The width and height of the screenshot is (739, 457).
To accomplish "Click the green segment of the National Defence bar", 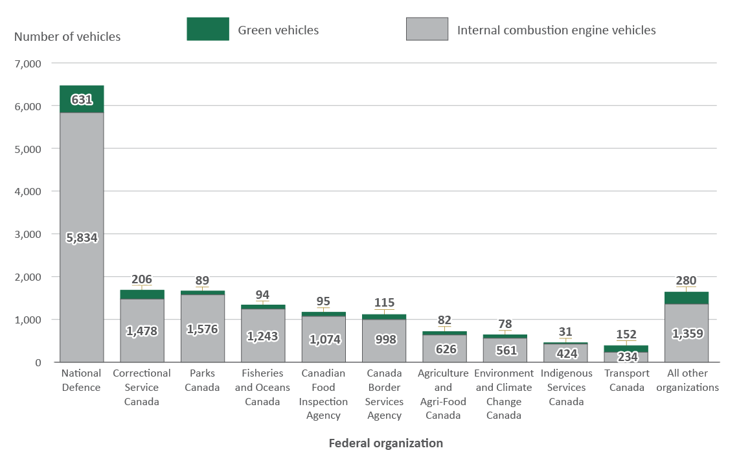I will [x=82, y=99].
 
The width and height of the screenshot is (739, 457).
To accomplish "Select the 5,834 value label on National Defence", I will [x=82, y=238].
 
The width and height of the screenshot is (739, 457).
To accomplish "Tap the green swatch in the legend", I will [x=207, y=29].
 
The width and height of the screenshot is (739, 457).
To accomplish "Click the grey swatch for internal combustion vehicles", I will [x=427, y=29].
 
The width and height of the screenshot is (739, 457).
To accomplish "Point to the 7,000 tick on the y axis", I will [x=28, y=64].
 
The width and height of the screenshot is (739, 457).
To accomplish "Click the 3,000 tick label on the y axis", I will [x=28, y=234].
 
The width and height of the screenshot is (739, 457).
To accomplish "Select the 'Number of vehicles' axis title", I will [x=67, y=37].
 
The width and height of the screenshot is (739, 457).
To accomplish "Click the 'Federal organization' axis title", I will [x=385, y=443].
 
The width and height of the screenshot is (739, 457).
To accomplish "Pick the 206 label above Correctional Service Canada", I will [x=142, y=279].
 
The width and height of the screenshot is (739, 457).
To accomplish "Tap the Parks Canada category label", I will [x=202, y=381].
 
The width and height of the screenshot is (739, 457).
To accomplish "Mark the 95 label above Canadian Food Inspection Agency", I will [x=323, y=301].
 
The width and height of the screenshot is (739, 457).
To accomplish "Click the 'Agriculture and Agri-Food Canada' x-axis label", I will [x=444, y=394].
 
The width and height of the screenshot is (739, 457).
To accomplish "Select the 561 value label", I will [x=505, y=350].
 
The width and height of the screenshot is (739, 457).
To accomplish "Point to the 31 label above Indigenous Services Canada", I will [x=565, y=332].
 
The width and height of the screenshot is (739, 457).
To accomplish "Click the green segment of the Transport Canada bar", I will [x=626, y=349].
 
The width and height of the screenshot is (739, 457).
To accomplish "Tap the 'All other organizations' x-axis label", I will [x=687, y=381].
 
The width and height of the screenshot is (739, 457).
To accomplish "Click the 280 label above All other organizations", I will [x=687, y=281].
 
